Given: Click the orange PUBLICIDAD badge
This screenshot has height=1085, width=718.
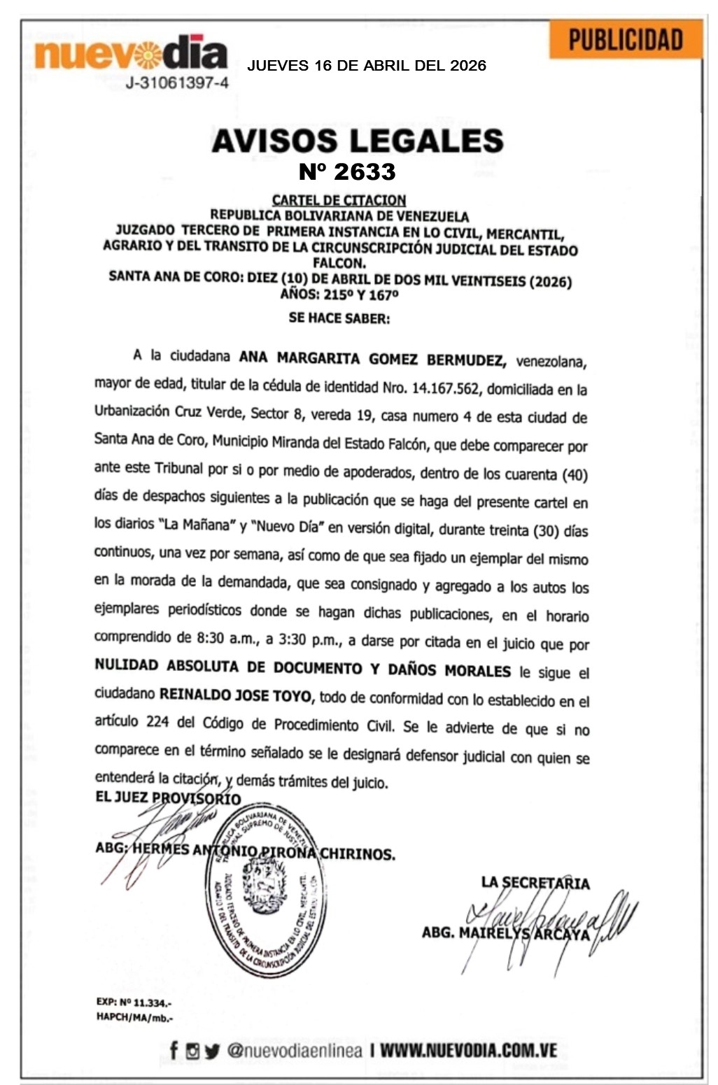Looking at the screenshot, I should pyautogui.click(x=625, y=40).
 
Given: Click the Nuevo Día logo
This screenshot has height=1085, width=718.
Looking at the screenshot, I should pyautogui.click(x=132, y=54).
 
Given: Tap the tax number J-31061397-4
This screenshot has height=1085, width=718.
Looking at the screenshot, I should pyautogui.click(x=177, y=83).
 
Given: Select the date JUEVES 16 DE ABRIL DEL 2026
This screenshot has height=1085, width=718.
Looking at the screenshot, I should pyautogui.click(x=367, y=66).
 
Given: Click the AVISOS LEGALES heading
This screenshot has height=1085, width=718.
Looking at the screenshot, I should pyautogui.click(x=358, y=141).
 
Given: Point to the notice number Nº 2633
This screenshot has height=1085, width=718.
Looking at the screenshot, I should pyautogui.click(x=347, y=171).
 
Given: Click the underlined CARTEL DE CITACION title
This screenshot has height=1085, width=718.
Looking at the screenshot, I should pyautogui.click(x=339, y=200).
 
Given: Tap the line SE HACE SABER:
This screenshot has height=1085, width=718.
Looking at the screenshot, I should pyautogui.click(x=339, y=318).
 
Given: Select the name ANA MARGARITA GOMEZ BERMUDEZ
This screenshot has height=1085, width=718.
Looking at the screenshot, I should pyautogui.click(x=372, y=359).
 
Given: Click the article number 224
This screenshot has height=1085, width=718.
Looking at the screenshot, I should pyautogui.click(x=157, y=721).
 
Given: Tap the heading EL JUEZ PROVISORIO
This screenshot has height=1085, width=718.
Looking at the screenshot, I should pyautogui.click(x=168, y=798).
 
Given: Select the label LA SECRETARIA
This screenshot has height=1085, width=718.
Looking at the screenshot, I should pyautogui.click(x=535, y=883).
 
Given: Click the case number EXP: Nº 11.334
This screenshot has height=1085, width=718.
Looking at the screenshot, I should pyautogui.click(x=134, y=1002).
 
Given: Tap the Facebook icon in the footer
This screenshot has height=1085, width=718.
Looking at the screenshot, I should pyautogui.click(x=174, y=1050).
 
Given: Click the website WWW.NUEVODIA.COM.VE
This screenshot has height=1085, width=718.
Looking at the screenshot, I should pyautogui.click(x=468, y=1050).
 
